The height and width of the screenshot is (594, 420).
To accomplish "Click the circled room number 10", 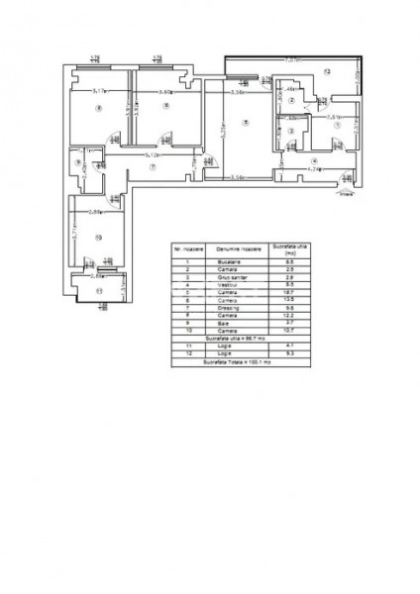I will coord(98,237).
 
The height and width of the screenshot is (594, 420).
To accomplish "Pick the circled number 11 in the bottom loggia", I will coord(98,290).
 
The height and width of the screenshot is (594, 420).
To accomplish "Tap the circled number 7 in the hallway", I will coord(154,167).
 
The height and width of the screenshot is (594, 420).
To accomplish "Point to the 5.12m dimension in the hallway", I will coord(152,155).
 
